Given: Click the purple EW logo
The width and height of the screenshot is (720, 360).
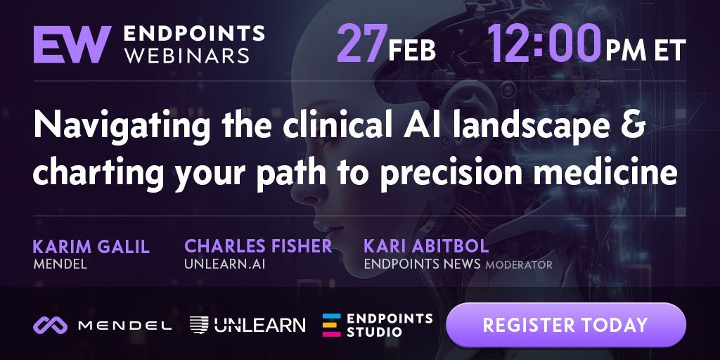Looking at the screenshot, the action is point(72,44).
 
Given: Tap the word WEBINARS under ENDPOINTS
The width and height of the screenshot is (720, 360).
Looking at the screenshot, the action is point(187,56).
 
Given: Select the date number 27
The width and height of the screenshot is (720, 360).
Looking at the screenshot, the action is point(362,44).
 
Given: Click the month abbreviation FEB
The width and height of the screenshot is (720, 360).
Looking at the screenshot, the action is point(412,51).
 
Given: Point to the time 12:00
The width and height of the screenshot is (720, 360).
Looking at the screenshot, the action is point(544,44).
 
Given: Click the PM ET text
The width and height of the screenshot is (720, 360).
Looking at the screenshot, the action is point(645,51).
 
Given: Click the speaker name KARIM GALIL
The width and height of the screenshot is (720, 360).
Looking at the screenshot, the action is point(91,247).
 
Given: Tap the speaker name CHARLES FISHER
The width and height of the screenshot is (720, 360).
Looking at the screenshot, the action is point(258,246).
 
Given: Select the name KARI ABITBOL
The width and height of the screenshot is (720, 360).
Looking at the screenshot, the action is point(426,246).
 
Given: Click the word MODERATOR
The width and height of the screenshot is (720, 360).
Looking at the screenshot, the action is point(519,265).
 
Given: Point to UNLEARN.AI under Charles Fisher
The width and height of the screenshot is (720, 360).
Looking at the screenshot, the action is point(224,264).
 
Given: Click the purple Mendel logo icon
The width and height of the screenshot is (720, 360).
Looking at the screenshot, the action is point(50,326).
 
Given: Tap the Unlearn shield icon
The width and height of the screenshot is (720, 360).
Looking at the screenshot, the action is point(199,325).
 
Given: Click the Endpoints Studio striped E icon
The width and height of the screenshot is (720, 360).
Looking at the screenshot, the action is point(332,326).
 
